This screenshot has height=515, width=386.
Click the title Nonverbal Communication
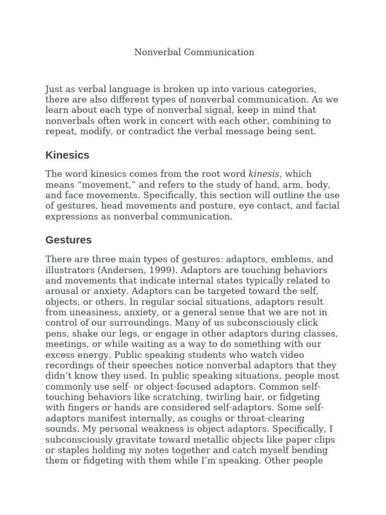(x=194, y=52)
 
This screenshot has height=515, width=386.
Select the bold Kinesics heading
(x=67, y=155)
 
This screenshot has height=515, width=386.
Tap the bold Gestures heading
(x=68, y=240)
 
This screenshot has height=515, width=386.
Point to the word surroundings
(x=145, y=323)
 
